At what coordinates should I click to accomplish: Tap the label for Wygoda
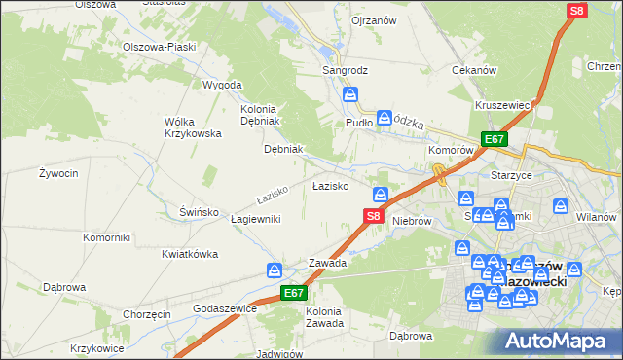coord(221,85)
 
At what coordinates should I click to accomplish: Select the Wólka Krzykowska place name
coord(193,126)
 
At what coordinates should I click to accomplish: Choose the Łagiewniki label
coord(256,219)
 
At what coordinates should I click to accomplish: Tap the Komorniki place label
coord(106,237)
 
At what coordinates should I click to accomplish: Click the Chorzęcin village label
coord(147,314)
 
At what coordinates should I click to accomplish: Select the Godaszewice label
coord(224,307)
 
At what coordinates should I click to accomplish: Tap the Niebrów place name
coord(412,221)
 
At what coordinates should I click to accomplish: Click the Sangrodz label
coord(344,71)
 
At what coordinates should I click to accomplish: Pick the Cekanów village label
coord(475,70)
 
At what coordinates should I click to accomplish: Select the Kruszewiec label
coord(502,104)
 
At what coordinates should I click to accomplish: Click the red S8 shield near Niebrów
coord(372,216)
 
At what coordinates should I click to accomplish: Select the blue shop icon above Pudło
coord(351,95)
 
